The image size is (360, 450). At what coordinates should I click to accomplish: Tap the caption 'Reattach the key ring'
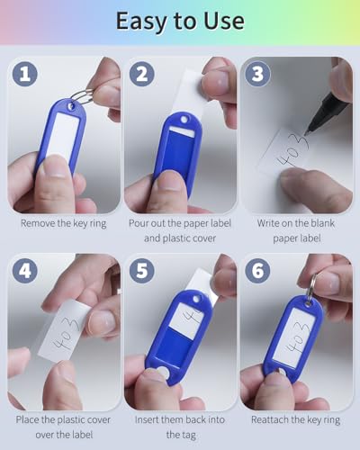click(298, 420)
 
